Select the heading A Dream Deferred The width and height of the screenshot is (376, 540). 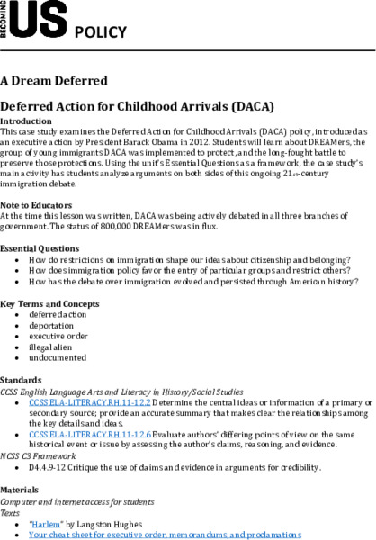[53, 80]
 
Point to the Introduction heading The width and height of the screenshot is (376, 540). [26, 120]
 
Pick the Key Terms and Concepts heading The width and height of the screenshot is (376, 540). [49, 302]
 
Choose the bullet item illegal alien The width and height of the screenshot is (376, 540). [55, 346]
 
